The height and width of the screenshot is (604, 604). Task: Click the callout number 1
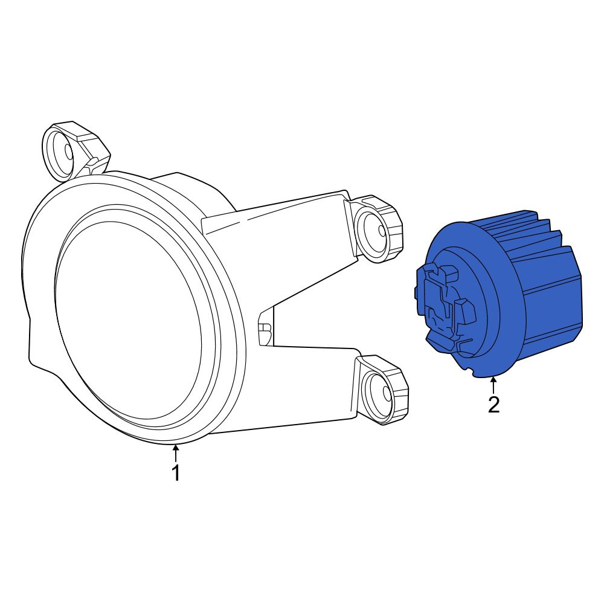click(x=176, y=473)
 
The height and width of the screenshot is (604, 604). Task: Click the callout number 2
click(x=493, y=405)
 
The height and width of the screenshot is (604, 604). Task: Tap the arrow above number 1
click(x=176, y=453)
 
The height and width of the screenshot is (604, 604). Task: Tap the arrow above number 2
click(x=493, y=385)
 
